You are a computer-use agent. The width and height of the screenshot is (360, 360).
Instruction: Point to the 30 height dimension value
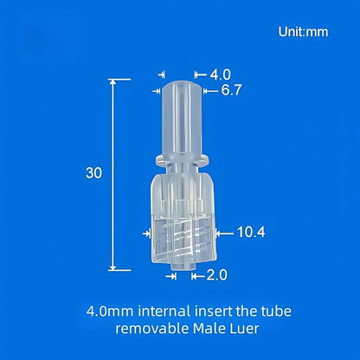pyautogui.click(x=94, y=173)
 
